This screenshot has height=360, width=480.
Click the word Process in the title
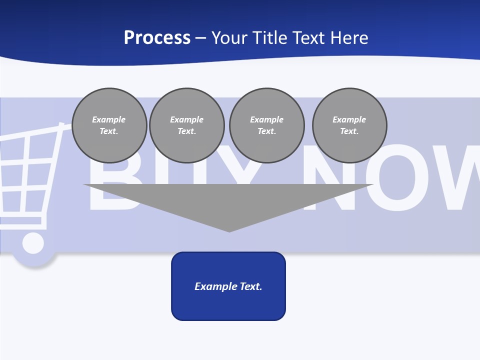click(x=157, y=38)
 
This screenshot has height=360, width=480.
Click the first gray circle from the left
click(x=109, y=125)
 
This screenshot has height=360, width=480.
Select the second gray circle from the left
click(x=187, y=125)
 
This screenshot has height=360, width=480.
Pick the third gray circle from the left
click(x=267, y=125)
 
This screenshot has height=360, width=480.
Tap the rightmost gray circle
click(x=349, y=125)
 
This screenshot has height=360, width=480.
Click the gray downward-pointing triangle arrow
click(x=228, y=200)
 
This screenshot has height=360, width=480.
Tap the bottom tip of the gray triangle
click(x=229, y=230)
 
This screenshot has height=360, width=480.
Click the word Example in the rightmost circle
click(x=349, y=119)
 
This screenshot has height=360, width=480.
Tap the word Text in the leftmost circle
click(x=109, y=131)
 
